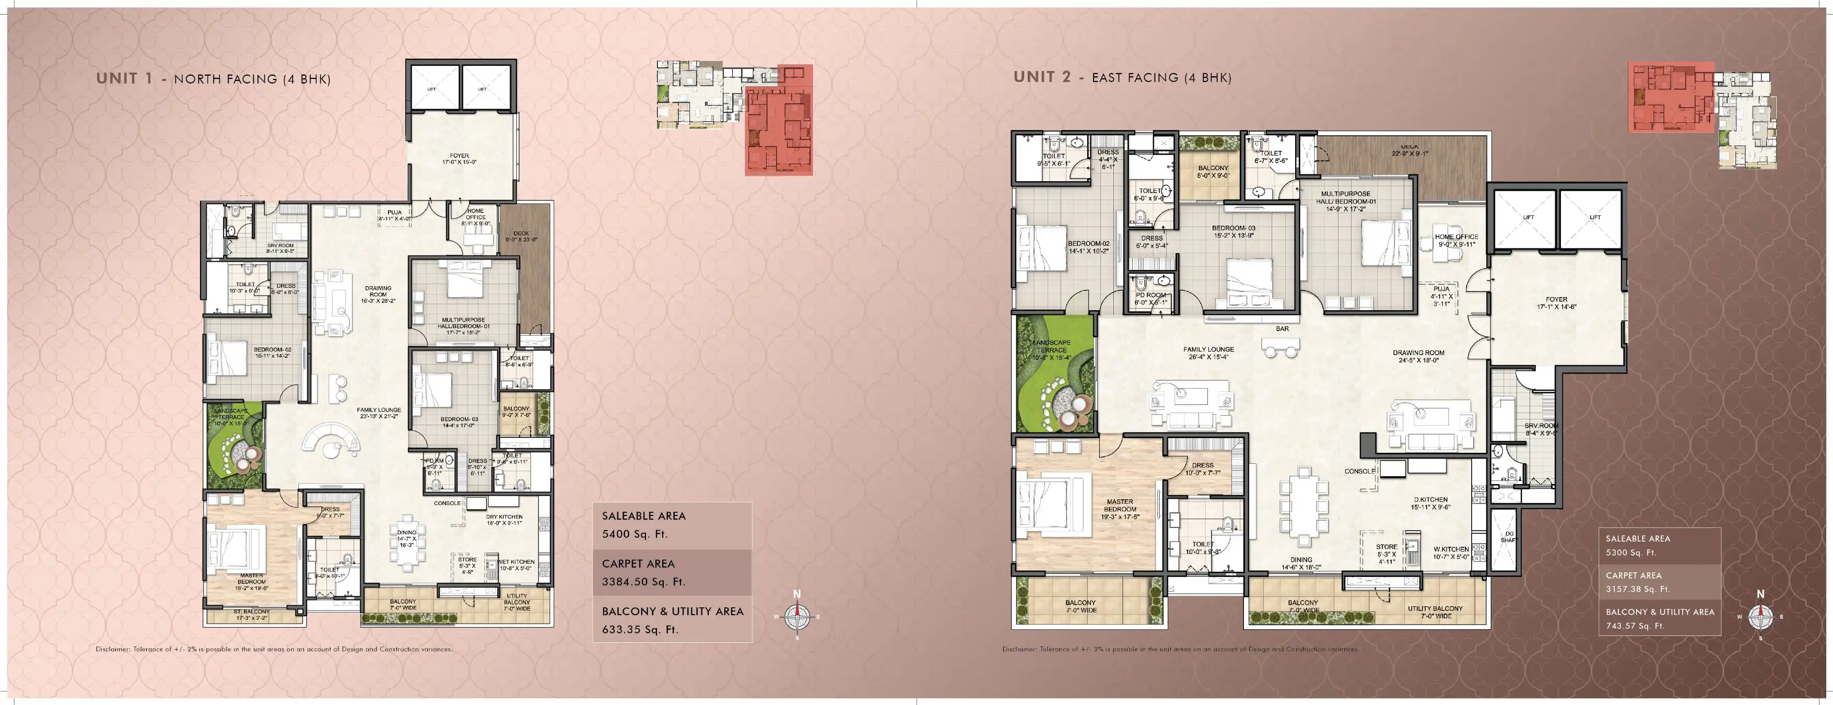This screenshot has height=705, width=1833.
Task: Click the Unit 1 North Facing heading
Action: click(214, 78)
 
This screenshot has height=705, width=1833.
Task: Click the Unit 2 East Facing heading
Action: click(1122, 77)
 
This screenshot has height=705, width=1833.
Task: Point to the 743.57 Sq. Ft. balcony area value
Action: click(1635, 626)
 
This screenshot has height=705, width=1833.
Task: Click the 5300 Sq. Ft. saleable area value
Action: click(1630, 552)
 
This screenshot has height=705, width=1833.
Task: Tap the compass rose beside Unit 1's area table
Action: click(797, 616)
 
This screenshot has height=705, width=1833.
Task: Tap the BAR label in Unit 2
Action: click(1282, 328)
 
